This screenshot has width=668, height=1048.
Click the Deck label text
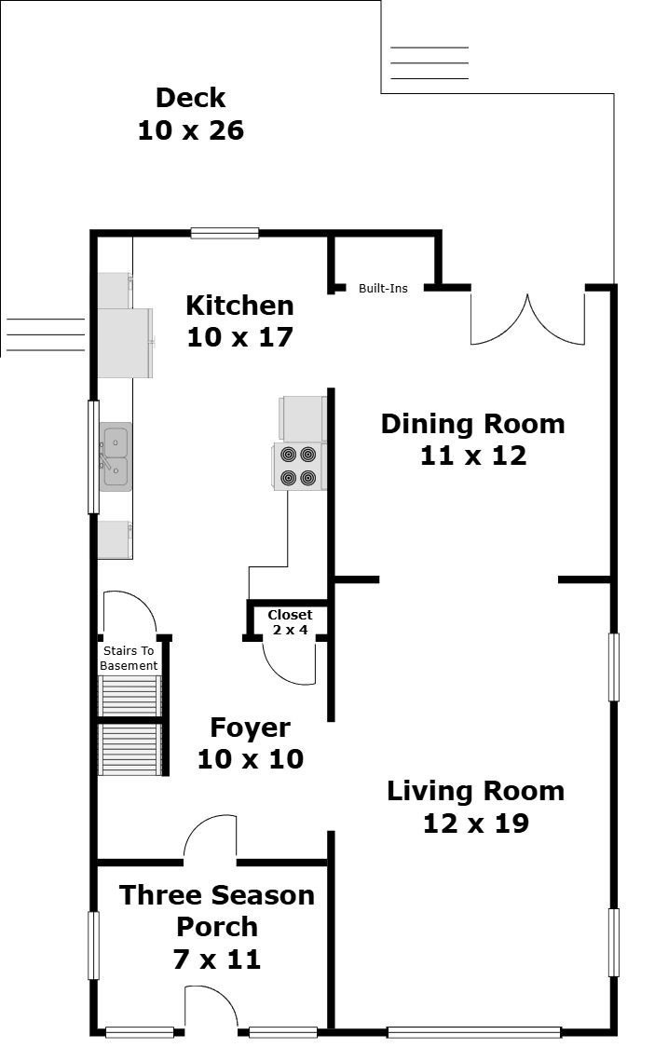click(190, 98)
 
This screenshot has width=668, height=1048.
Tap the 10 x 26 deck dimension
click(190, 130)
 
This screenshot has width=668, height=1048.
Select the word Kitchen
click(239, 306)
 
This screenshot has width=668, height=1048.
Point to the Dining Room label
click(472, 424)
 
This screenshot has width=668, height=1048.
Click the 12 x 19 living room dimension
click(475, 823)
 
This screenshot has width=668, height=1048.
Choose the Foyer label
click(250, 728)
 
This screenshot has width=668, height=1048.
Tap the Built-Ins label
click(383, 289)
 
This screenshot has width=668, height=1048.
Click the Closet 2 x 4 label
click(290, 622)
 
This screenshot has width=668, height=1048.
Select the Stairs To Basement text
click(129, 659)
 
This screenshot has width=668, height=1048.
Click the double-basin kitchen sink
click(116, 456)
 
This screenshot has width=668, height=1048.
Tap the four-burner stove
click(299, 467)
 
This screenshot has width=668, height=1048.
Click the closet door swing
click(289, 662)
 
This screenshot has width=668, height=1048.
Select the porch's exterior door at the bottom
click(211, 1010)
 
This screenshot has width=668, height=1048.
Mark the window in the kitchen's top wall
click(225, 233)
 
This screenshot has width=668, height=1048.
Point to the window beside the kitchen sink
click(93, 456)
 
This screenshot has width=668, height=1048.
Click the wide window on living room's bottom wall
click(473, 1032)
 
